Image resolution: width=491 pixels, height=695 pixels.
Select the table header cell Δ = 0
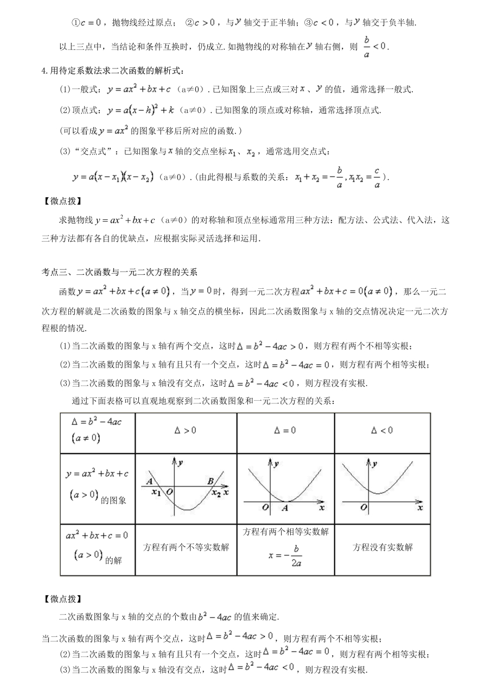point(285,431)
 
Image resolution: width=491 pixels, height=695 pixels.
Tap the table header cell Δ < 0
point(382,431)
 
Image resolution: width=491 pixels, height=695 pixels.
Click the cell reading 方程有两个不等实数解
point(186,547)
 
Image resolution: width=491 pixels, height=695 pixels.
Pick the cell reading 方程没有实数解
point(382,547)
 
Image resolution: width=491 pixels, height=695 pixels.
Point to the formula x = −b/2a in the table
point(285,555)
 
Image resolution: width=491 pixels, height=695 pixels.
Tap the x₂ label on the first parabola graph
point(216,493)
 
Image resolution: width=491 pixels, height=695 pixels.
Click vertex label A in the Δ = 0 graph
point(285,508)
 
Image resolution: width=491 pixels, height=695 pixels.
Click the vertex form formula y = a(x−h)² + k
point(148,110)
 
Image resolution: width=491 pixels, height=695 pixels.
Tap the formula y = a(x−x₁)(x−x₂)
point(114,177)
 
